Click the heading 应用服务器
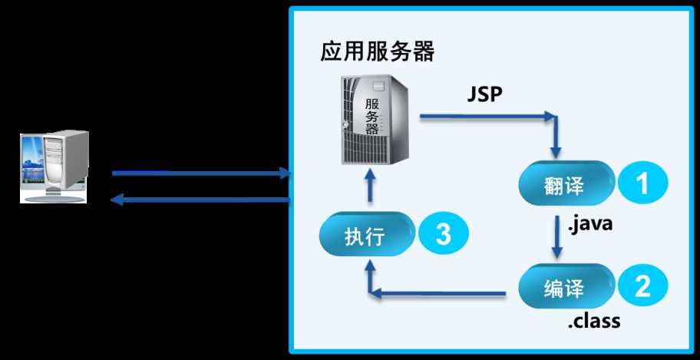click(x=377, y=52)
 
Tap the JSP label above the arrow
click(x=485, y=94)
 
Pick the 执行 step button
click(x=366, y=234)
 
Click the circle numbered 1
click(x=643, y=183)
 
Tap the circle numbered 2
click(x=643, y=286)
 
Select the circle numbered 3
click(x=444, y=234)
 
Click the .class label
click(x=594, y=321)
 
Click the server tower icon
click(x=374, y=120)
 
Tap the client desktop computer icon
click(x=54, y=167)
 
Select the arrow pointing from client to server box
click(x=201, y=173)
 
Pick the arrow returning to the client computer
click(x=200, y=200)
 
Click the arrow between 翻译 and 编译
click(x=556, y=236)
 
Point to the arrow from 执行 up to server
click(x=371, y=186)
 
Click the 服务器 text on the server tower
click(x=371, y=117)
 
